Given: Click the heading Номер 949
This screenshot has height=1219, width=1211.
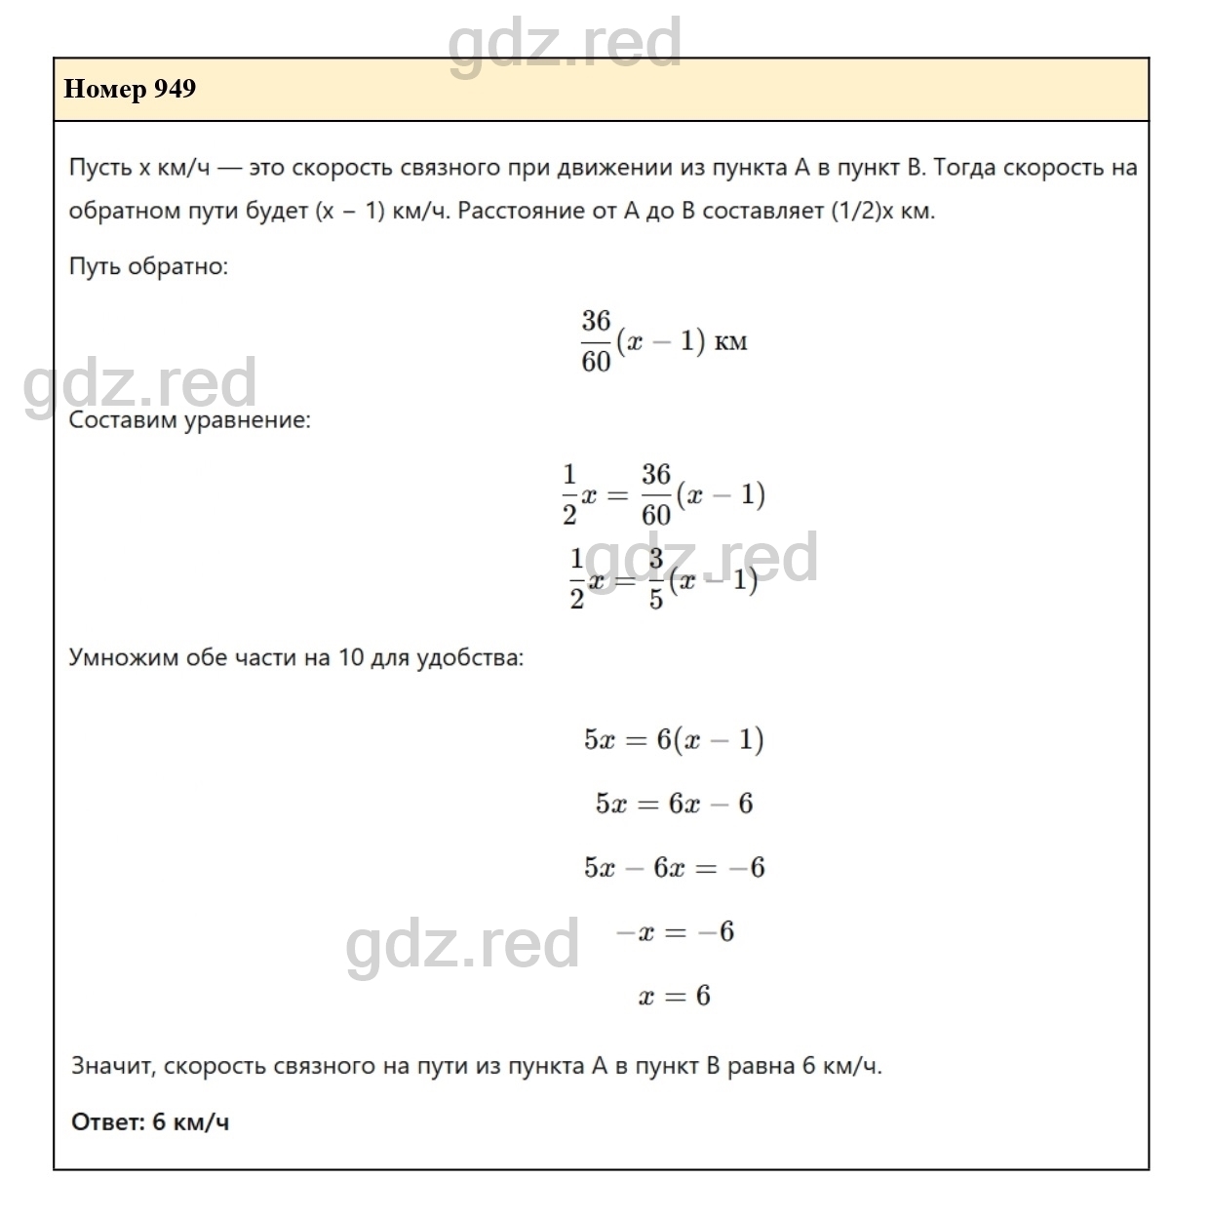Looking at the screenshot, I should (x=130, y=90).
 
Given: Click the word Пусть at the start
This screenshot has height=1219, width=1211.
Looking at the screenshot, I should (x=99, y=168).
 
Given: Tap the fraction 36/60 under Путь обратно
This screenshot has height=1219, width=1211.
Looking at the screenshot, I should (x=596, y=341).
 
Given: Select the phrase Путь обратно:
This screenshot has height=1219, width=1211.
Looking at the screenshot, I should (x=148, y=266).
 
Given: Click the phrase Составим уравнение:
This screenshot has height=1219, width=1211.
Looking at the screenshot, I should (x=190, y=421).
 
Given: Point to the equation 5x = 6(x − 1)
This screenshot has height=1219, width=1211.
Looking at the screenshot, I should (x=674, y=740).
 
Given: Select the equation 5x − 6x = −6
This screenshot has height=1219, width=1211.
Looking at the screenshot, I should (x=674, y=868).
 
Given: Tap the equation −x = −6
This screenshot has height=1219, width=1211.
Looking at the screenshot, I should (x=674, y=932).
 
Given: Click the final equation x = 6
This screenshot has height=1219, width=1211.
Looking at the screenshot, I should (x=674, y=997).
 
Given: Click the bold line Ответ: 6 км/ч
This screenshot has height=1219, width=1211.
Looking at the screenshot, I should (x=150, y=1122).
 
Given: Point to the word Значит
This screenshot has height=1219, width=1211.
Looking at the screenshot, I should (x=113, y=1066).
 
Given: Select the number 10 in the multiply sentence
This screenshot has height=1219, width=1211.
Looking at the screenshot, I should (x=351, y=657).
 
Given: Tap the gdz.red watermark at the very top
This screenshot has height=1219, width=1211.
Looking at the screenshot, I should (x=565, y=43).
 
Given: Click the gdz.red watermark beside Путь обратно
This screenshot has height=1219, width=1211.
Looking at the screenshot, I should (x=140, y=383).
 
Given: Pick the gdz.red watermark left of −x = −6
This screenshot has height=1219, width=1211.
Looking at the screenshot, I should (x=462, y=945).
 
